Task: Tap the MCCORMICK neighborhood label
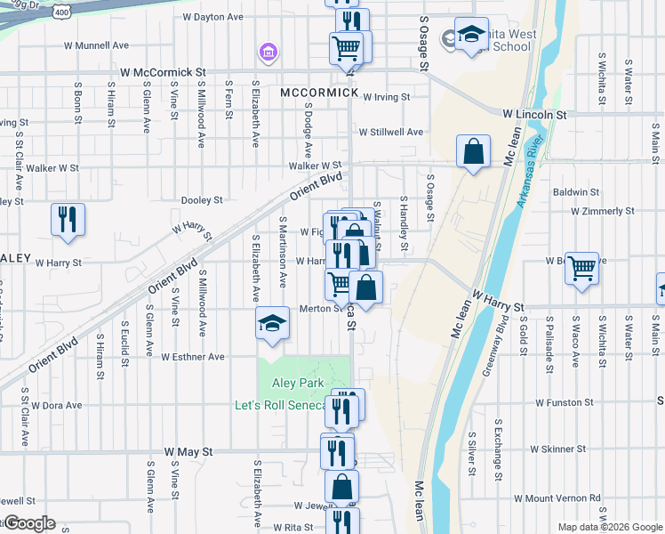(x=318, y=93)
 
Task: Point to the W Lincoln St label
(x=534, y=115)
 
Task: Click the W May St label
(x=188, y=452)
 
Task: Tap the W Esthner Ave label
(x=193, y=357)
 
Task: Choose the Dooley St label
(x=201, y=201)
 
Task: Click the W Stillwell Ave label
(x=391, y=132)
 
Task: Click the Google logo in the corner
(x=29, y=523)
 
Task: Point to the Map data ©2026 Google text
(x=609, y=527)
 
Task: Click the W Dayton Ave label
(x=212, y=17)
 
